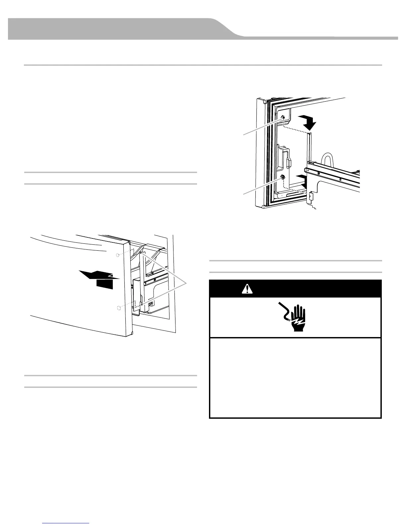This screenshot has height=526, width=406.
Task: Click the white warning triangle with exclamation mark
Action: pyautogui.click(x=246, y=289)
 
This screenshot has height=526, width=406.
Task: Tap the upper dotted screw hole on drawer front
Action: pyautogui.click(x=118, y=255)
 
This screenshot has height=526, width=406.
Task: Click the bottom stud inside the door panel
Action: pyautogui.click(x=283, y=177)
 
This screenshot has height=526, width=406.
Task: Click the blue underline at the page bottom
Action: pyautogui.click(x=66, y=523)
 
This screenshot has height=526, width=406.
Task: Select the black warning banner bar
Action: pyautogui.click(x=295, y=289)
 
